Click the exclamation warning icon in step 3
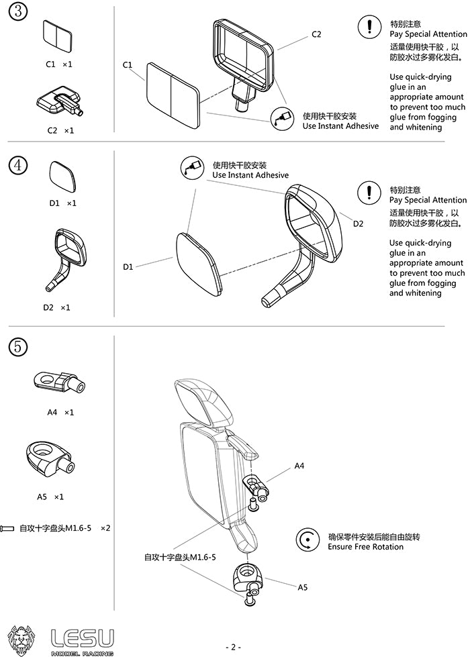coord(369,28)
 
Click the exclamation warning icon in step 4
coord(369,193)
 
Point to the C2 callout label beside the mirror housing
coord(316,34)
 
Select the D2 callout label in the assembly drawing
coord(359,223)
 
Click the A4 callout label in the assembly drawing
coord(299,466)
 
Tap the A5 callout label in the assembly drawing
coord(303,587)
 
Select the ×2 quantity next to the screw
coord(105,528)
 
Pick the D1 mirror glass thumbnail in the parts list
coord(63,176)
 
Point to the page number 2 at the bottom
coord(233,647)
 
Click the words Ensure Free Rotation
coord(365,547)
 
